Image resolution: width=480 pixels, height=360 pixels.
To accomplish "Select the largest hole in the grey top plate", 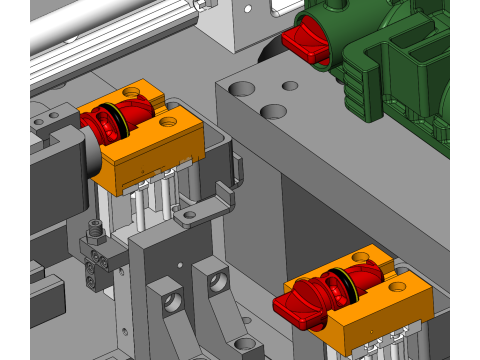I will coord(242,90).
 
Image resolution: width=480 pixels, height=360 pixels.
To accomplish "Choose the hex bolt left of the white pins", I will coord(94,232).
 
